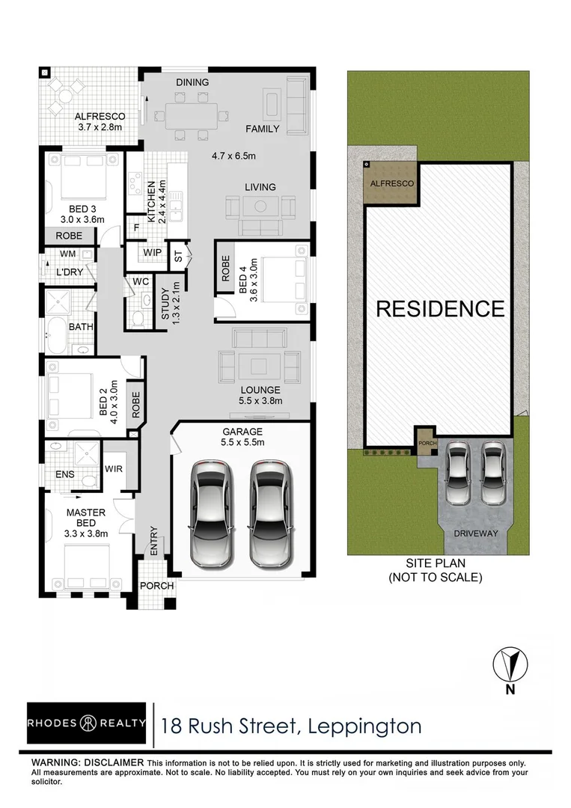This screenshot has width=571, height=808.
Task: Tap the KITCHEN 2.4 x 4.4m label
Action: [x=155, y=201]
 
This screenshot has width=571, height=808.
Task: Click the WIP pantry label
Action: [x=153, y=253]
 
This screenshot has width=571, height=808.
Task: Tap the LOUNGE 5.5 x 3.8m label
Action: [x=260, y=395]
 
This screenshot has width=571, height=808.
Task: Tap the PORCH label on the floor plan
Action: [x=157, y=585]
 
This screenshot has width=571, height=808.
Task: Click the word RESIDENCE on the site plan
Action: [x=439, y=308]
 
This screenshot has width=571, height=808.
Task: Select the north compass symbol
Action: [x=510, y=664]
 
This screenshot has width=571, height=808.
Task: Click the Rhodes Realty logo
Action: [x=87, y=723]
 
